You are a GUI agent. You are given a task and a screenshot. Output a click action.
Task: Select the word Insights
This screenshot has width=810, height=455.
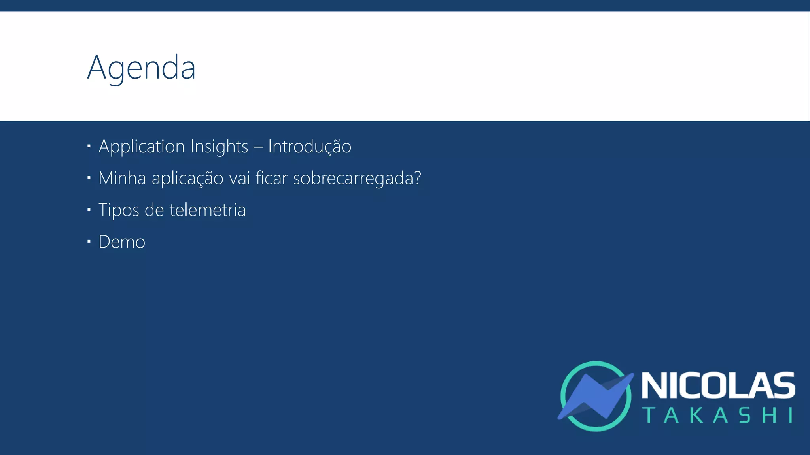coord(219,147)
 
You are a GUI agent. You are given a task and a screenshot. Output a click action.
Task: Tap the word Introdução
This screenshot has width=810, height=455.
coord(309,147)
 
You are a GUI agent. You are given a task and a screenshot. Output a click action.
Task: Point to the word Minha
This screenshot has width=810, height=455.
coord(122,178)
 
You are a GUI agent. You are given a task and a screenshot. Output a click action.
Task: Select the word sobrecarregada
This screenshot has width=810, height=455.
coord(353,179)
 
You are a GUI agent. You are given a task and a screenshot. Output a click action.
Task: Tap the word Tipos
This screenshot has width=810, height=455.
coord(119,210)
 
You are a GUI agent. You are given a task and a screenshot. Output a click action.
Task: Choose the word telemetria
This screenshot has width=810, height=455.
coord(208,210)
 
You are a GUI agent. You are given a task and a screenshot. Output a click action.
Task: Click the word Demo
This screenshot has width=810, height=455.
coord(122,242)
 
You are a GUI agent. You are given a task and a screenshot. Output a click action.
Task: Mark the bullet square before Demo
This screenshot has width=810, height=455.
coord(89,241)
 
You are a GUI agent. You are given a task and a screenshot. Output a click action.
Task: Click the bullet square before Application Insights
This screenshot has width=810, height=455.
coord(89,146)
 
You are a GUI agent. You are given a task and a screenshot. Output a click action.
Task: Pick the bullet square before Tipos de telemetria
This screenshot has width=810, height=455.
coord(89,209)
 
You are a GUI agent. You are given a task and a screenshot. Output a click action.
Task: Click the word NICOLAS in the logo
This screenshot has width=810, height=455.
coord(718,385)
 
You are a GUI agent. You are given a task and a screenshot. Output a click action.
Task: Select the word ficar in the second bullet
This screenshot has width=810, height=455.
coord(271,178)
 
